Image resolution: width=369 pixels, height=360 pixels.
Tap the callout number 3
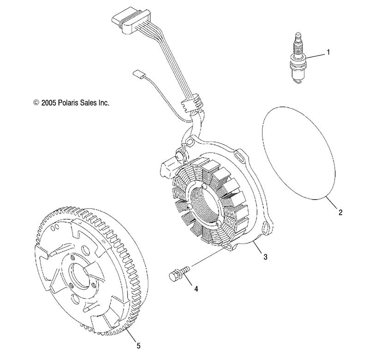point(265,257)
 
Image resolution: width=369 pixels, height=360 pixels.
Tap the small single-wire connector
point(138,74)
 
